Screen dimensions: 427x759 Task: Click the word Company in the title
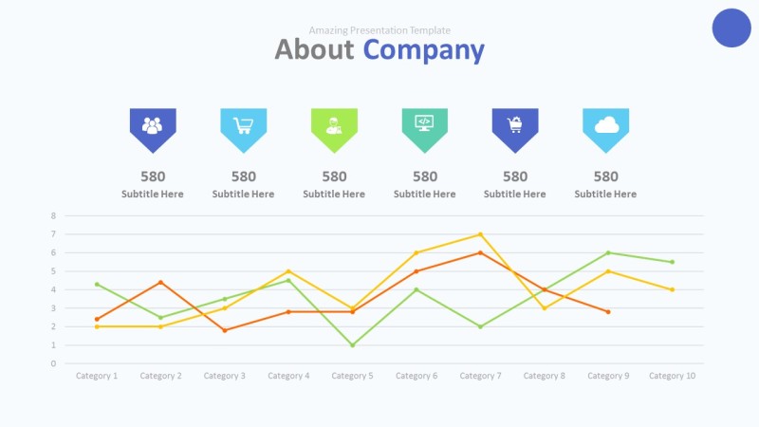[423, 50]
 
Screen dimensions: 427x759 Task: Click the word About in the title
[314, 50]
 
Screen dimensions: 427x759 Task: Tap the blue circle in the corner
[731, 28]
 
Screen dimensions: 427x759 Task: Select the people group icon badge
[153, 126]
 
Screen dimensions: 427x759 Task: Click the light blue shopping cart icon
[244, 126]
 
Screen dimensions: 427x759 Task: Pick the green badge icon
[334, 126]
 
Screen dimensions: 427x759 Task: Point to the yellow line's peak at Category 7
[481, 234]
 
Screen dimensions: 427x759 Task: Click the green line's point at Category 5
[353, 344]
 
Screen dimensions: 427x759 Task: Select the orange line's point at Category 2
[160, 282]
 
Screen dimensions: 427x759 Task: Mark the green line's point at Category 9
[608, 252]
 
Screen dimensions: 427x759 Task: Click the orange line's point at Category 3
[225, 330]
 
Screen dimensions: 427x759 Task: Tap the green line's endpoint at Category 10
[673, 262]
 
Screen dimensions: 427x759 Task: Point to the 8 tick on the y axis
[54, 215]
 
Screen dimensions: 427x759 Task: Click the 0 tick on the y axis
[54, 363]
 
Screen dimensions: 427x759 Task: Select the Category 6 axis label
[417, 376]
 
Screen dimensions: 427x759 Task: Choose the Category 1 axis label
[97, 376]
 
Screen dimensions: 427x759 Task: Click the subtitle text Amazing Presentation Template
[379, 30]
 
